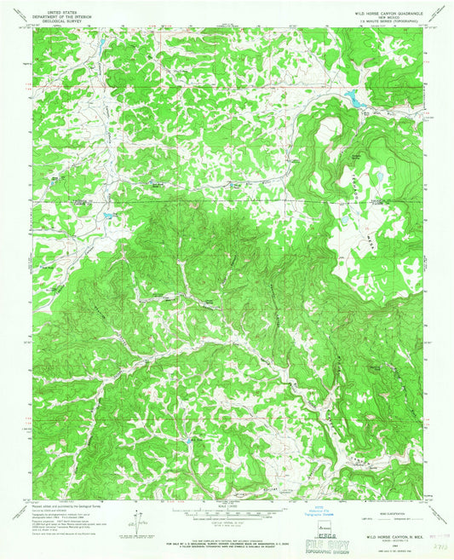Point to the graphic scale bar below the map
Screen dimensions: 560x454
226,512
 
